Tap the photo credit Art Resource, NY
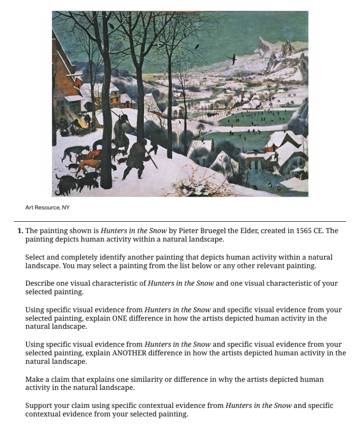[x=47, y=208]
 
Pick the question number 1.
[x=20, y=231]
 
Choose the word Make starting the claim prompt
[x=34, y=379]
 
